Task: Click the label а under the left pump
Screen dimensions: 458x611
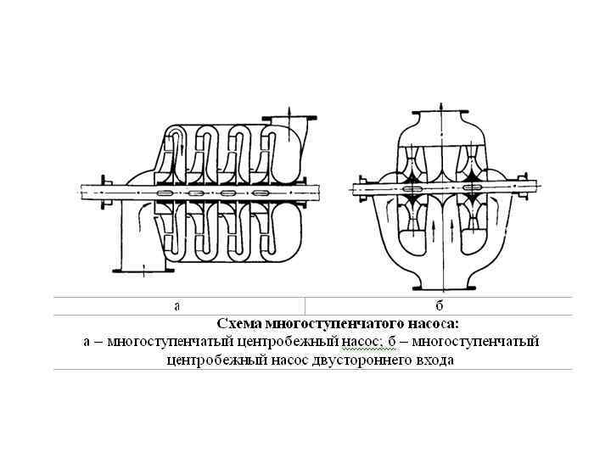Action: (177, 305)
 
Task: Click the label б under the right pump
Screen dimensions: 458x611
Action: (439, 305)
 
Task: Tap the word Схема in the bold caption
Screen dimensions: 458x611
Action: (240, 324)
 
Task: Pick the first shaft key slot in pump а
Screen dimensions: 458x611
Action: (166, 193)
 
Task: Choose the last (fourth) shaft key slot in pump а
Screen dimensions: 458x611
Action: (254, 193)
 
